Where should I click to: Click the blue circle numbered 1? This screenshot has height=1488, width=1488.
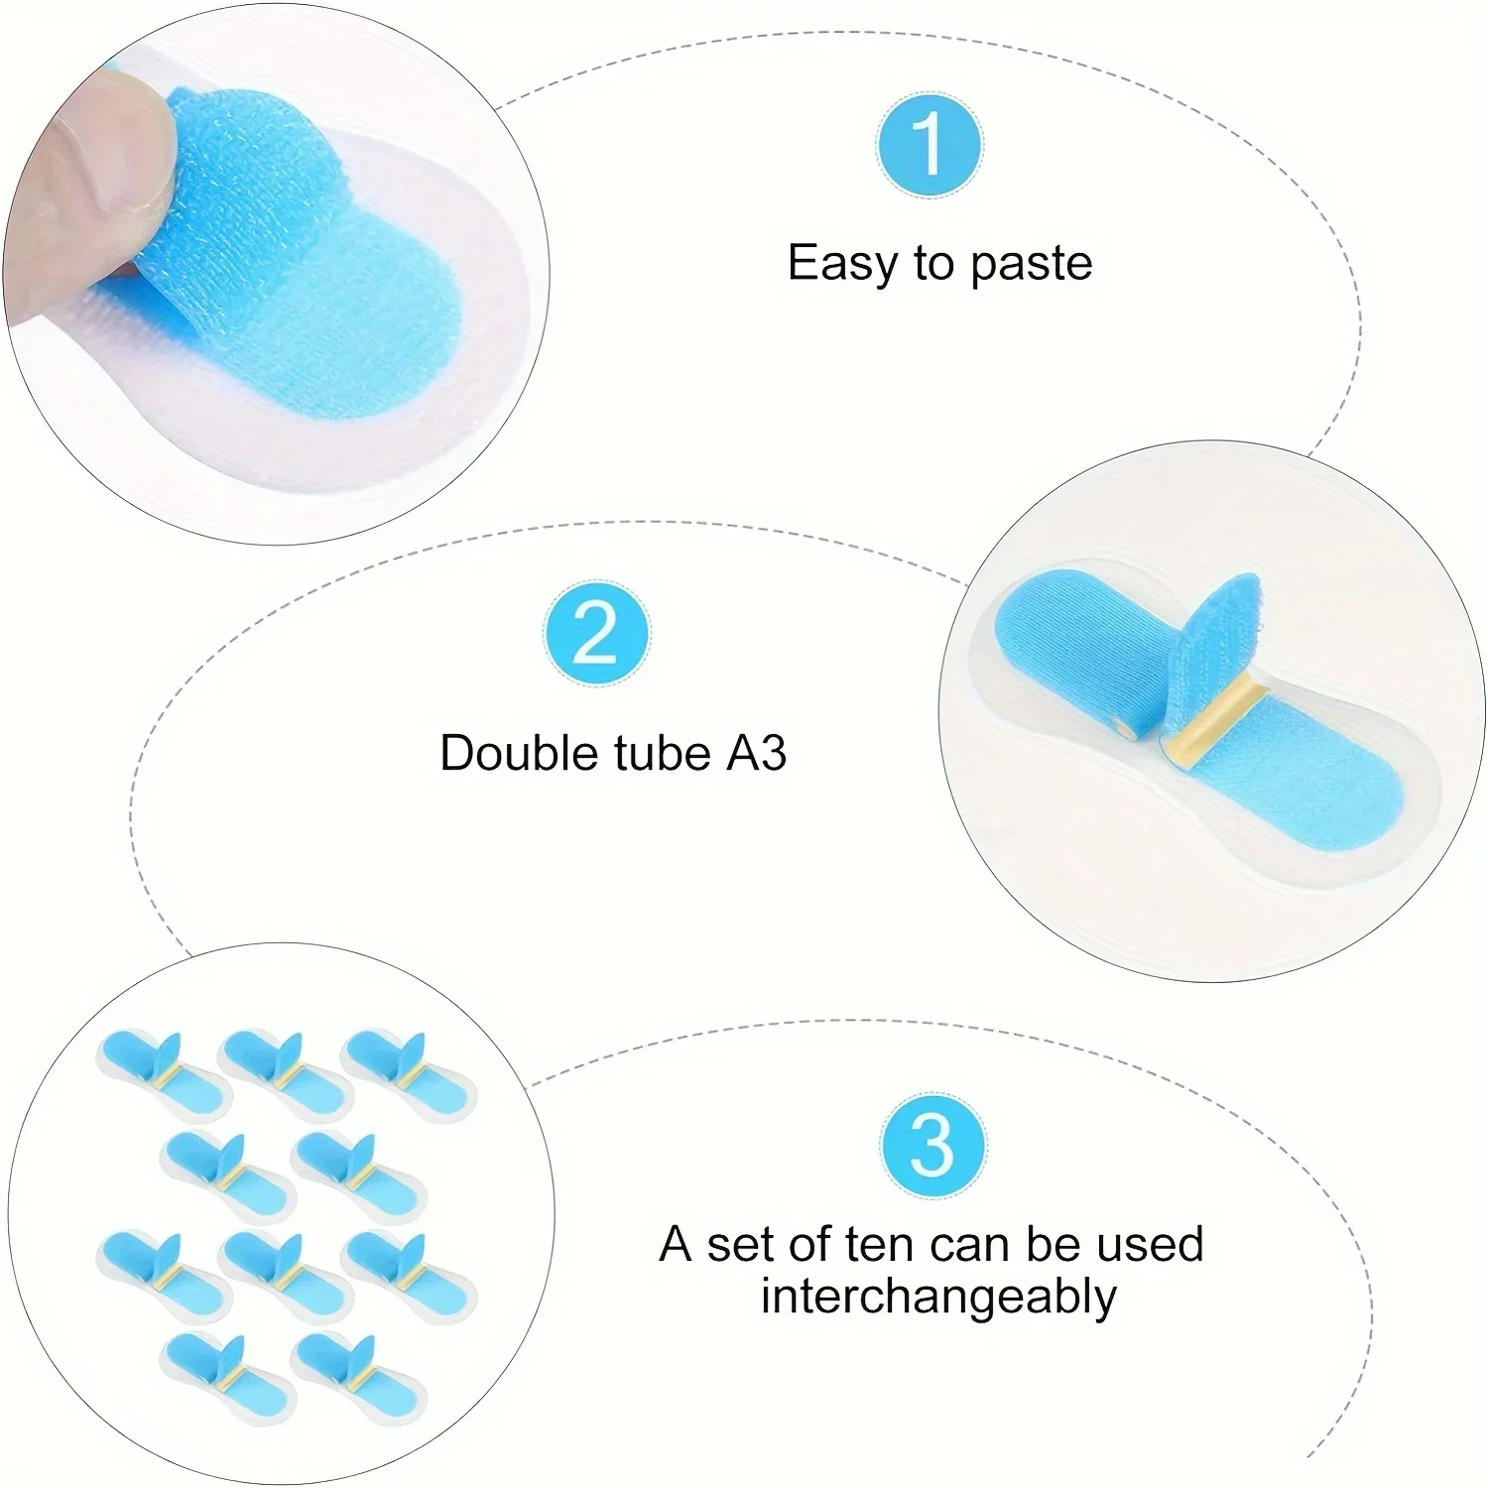[x=930, y=145]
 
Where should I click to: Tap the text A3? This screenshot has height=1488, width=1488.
[x=757, y=753]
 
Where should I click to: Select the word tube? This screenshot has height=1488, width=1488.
[x=664, y=753]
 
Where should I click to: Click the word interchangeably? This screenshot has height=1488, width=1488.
[x=938, y=1297]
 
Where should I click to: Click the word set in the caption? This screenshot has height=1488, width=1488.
[x=740, y=1245]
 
